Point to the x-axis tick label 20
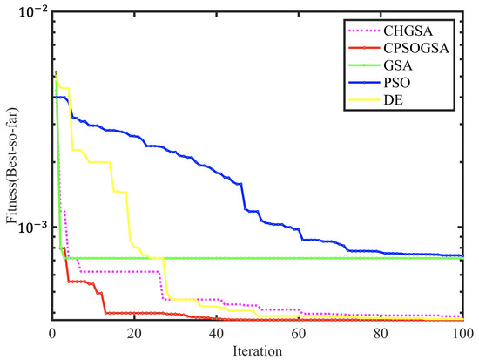(134, 332)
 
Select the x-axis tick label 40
(216, 332)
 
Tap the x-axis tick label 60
(298, 332)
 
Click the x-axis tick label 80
(381, 332)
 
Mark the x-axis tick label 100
(461, 332)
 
